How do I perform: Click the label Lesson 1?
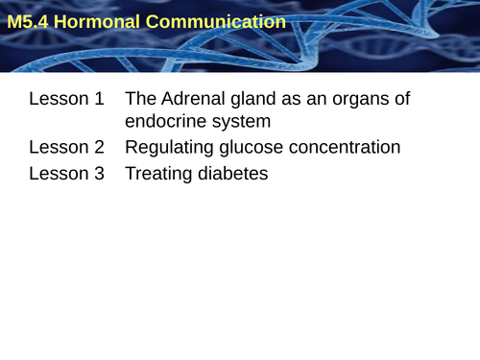[66, 99]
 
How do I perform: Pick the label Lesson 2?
[66, 148]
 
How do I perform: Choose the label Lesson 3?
[66, 174]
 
